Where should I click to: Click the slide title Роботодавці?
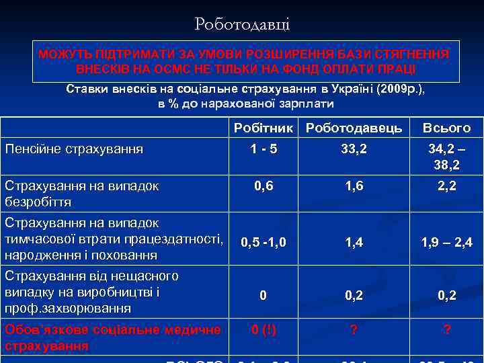242,25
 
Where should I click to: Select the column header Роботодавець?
354,128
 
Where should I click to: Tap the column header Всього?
446,128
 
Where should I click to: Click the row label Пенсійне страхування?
74,149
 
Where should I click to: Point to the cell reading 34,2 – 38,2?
446,157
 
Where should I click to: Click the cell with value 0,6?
264,186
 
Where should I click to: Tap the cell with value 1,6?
354,186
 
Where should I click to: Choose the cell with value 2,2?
446,186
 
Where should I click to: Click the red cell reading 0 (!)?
264,329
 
